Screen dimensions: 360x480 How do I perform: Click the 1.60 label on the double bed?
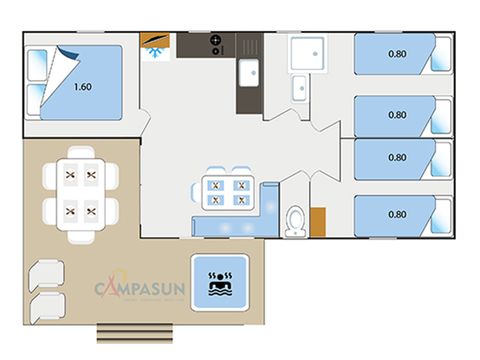(82, 86)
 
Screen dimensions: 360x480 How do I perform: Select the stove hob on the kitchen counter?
(215, 44)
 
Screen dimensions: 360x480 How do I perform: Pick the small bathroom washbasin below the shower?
(299, 88)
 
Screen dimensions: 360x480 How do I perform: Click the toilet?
(294, 220)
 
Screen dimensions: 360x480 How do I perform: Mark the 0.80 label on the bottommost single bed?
(397, 212)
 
